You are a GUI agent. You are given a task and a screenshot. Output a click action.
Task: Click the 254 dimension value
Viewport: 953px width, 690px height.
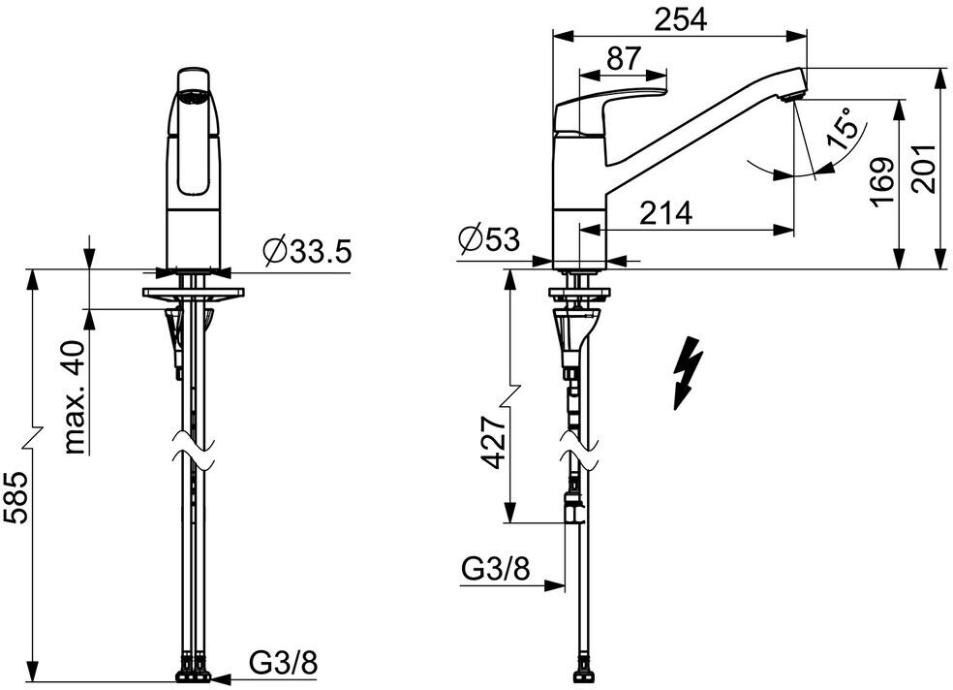(x=679, y=18)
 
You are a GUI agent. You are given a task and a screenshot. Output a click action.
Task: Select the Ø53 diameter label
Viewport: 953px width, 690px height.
(x=489, y=238)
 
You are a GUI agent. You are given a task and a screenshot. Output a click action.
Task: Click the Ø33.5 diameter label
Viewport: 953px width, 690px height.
(x=306, y=252)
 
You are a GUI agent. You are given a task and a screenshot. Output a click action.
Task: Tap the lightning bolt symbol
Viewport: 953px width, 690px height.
(x=687, y=369)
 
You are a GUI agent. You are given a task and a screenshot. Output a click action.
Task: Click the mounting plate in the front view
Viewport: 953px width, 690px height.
(x=195, y=292)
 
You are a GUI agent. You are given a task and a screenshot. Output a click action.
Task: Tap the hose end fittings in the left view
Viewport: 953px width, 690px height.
(x=193, y=670)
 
